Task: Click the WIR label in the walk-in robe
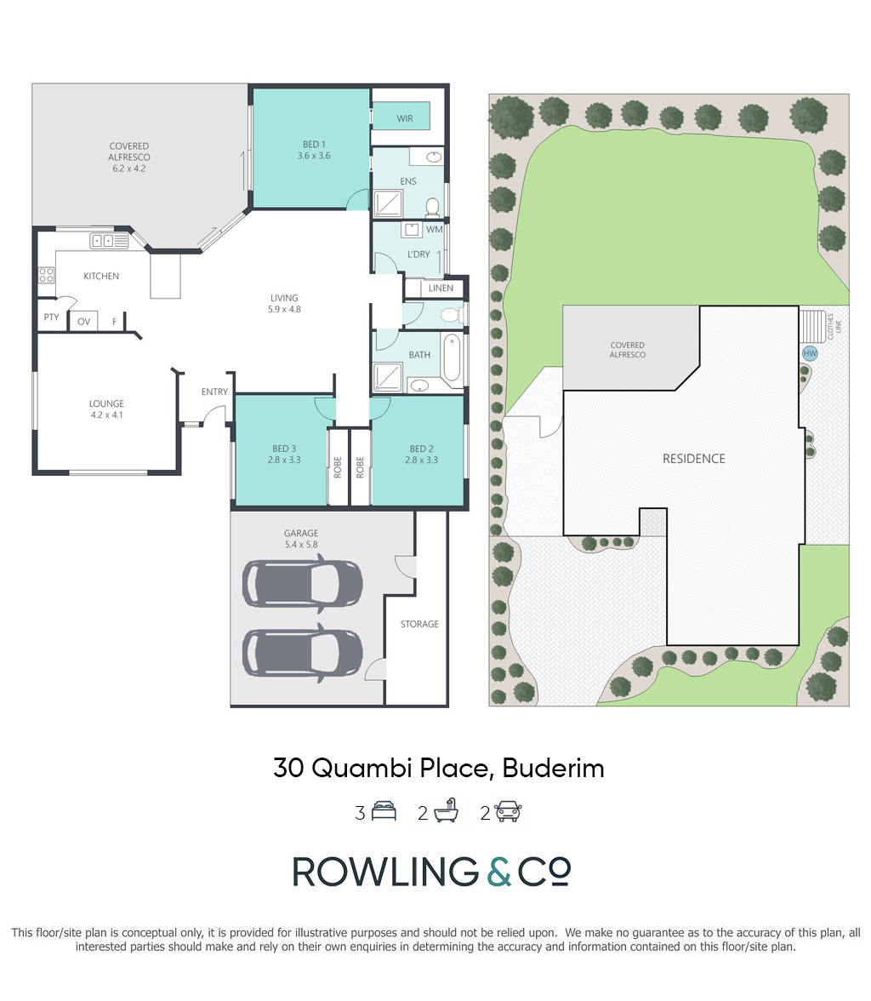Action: click(x=405, y=119)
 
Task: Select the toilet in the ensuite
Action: click(x=432, y=207)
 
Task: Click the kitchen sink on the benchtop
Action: click(x=109, y=241)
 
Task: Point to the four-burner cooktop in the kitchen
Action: click(x=46, y=275)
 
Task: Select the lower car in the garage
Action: click(x=303, y=653)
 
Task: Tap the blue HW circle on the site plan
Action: click(x=810, y=353)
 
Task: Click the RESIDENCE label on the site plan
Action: click(x=693, y=458)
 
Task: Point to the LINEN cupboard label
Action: click(x=441, y=289)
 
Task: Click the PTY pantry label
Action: click(x=51, y=317)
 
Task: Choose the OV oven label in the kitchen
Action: click(x=83, y=322)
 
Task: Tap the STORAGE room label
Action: click(x=419, y=625)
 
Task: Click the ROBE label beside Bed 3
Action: click(x=338, y=467)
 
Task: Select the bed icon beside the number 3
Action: click(x=384, y=811)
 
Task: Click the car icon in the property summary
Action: click(x=509, y=811)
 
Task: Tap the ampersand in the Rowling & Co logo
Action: click(x=499, y=872)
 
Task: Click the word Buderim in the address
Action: click(x=553, y=768)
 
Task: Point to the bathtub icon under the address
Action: click(x=446, y=810)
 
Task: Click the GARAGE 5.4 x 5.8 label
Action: click(x=301, y=539)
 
